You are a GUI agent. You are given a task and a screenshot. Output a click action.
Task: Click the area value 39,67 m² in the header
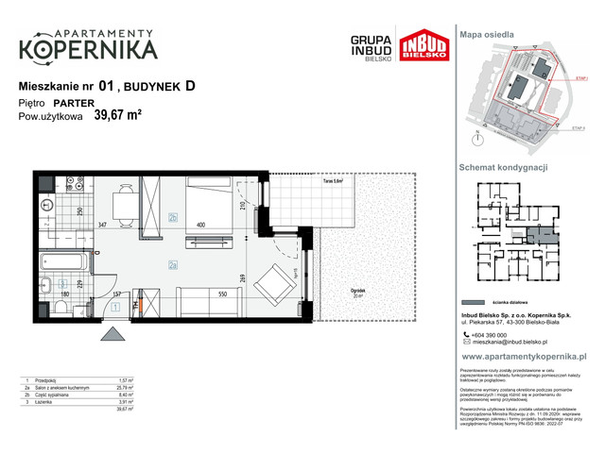118,117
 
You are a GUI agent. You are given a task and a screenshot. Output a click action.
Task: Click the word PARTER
72,103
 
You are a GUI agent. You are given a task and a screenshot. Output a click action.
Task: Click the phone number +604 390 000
501,336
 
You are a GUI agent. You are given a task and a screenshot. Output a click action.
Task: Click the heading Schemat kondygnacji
503,166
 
